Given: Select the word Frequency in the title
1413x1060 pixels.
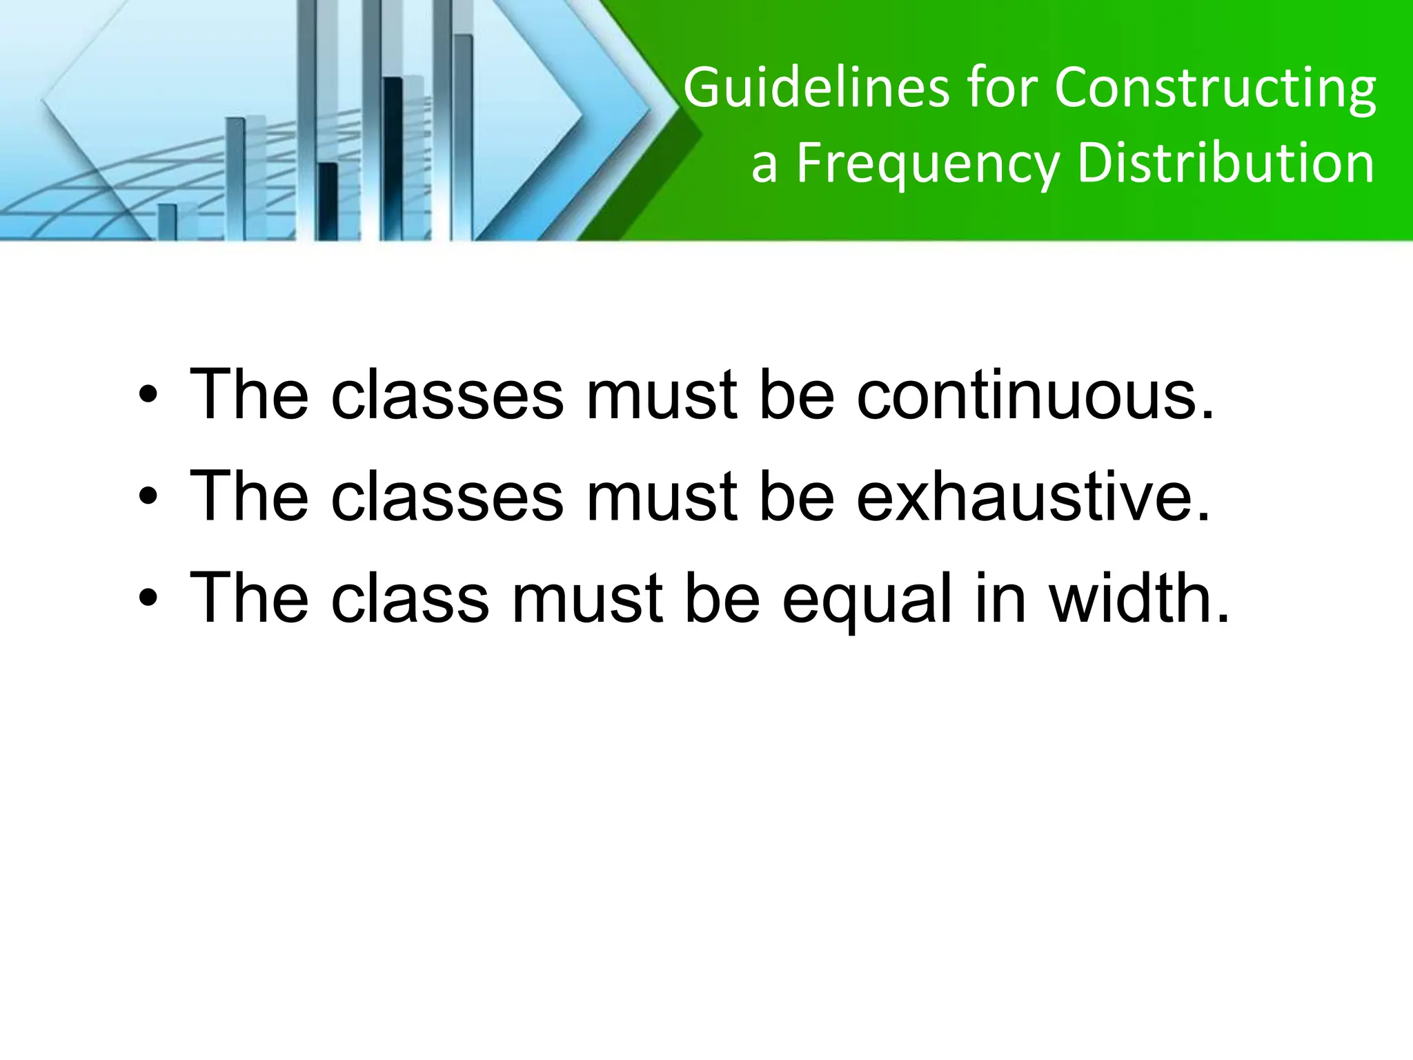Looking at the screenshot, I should pyautogui.click(x=926, y=166).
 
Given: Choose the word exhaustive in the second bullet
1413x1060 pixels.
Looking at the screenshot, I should pyautogui.click(x=1034, y=496).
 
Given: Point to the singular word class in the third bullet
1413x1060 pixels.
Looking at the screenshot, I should pyautogui.click(x=410, y=598).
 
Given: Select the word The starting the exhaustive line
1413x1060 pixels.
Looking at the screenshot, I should pyautogui.click(x=248, y=496).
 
